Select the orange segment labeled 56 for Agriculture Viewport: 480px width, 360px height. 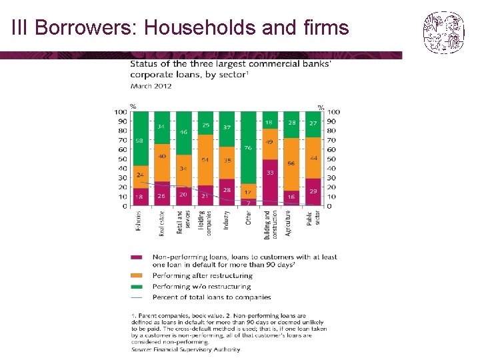pyautogui.click(x=291, y=164)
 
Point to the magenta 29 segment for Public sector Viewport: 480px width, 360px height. pyautogui.click(x=313, y=192)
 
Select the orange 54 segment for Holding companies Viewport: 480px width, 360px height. pyautogui.click(x=205, y=160)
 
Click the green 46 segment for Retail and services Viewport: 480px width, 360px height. pyautogui.click(x=183, y=133)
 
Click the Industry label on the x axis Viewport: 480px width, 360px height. pyautogui.click(x=226, y=221)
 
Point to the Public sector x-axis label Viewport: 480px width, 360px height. pyautogui.click(x=313, y=219)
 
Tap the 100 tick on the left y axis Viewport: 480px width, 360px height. pyautogui.click(x=121, y=112)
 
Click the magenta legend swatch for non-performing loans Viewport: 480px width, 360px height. pyautogui.click(x=137, y=257)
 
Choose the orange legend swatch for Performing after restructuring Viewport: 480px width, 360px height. pyautogui.click(x=137, y=275)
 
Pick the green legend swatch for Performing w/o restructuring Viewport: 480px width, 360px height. pyautogui.click(x=137, y=286)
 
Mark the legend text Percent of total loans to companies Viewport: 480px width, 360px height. pyautogui.click(x=211, y=297)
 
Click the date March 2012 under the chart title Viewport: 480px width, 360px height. pyautogui.click(x=151, y=86)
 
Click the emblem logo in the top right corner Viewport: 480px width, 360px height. pyautogui.click(x=443, y=31)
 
